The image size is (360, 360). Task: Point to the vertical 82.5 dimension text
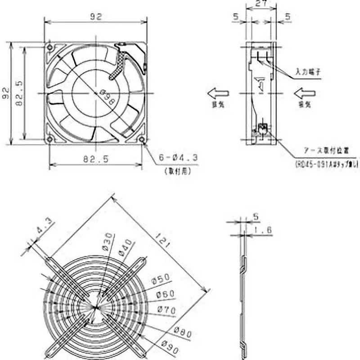click(19, 93)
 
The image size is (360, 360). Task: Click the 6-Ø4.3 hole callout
click(178, 157)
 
